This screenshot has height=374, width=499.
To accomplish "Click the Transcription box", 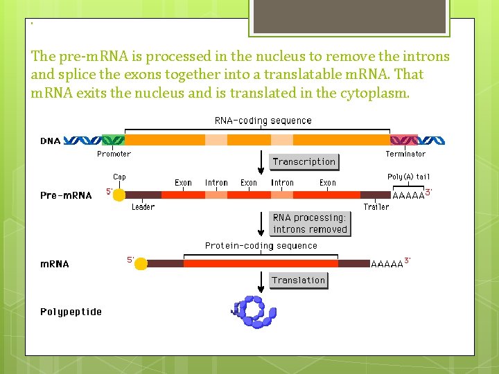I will pos(304,162).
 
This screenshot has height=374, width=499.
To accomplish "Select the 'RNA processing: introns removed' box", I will pos(309,224).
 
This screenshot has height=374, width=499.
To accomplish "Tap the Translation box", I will pos(298,280).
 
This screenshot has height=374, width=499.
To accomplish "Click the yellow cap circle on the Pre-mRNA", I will pos(119,195).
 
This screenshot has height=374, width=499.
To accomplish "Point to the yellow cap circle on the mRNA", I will pos(141,264).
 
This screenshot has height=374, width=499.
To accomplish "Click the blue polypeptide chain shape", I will pos(254,311).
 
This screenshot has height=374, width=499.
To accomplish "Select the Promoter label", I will pos(114,154).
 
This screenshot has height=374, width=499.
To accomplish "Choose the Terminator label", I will pos(405,154).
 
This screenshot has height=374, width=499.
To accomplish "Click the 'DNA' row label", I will pos(50,141).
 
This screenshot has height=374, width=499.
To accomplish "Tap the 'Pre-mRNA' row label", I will pos(66,195).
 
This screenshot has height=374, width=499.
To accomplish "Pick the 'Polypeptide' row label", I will pos(71,312).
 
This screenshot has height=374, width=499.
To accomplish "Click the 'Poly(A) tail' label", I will pos(408,177).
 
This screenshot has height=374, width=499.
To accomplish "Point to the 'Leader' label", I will pos(143,207).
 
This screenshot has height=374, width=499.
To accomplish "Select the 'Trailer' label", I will pos(376,207).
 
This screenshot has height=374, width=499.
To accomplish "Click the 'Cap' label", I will pos(119,177).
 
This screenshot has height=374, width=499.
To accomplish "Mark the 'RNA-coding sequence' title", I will pos(263,121).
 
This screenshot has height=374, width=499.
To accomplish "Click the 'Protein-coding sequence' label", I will pos(261,246).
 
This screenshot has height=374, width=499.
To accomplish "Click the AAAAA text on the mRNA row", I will pos(387,264).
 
